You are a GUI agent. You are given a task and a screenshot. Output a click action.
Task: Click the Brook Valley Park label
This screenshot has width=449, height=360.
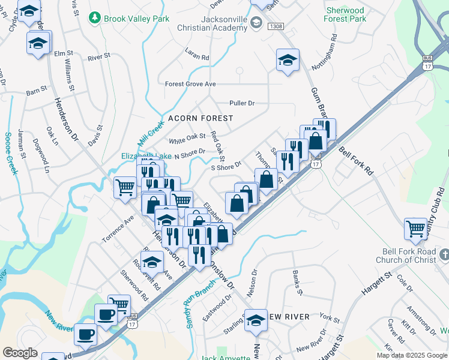pos(128,19)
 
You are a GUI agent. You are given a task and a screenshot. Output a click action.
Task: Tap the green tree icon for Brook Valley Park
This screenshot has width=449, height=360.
pos(94,19)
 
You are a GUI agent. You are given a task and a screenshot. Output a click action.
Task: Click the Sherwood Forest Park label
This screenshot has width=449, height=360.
pos(345,15)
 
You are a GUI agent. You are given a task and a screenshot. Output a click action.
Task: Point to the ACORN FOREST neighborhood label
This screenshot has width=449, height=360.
pos(200,119)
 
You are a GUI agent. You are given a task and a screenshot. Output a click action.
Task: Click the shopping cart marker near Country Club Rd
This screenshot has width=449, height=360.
pos(415,228)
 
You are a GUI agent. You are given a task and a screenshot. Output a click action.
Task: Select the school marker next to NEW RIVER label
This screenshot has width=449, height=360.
pos(256,319)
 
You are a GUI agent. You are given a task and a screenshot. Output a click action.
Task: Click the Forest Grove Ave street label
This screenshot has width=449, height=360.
pos(190,84)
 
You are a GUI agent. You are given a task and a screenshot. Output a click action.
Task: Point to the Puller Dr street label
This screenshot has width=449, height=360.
pos(242,103)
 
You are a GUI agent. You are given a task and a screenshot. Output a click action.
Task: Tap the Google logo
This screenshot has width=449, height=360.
pos(20,353)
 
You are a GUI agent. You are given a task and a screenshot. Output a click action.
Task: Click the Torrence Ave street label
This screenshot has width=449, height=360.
pos(117,229)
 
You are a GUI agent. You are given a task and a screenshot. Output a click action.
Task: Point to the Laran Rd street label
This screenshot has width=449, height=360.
pos(196,57)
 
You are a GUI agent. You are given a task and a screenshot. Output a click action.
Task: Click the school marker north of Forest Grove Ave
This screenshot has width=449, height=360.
pos(288,59)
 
